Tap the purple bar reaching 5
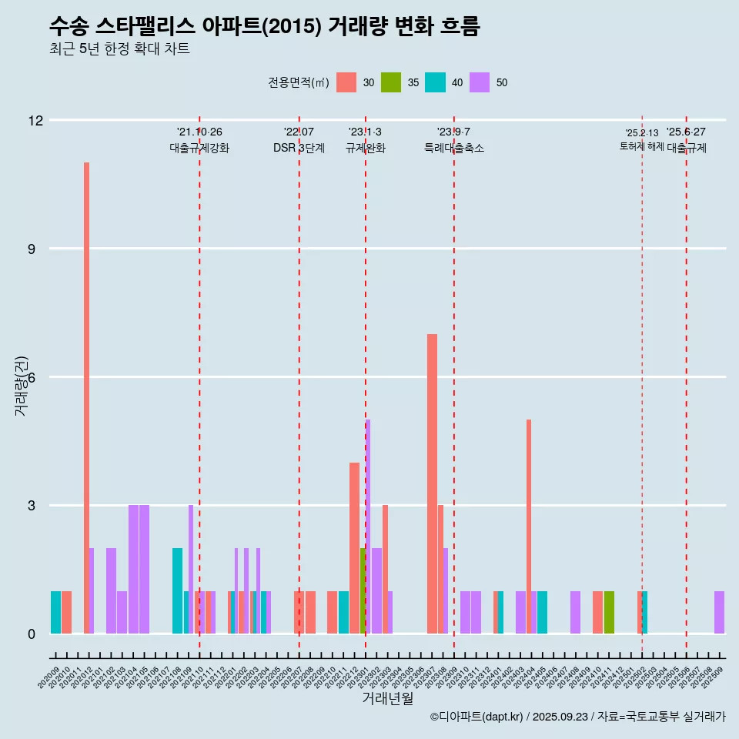point(368,527)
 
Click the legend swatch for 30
point(346,82)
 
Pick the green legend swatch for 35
point(391,82)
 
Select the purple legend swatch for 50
point(480,82)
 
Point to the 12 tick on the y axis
point(35,120)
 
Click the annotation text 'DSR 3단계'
point(299,148)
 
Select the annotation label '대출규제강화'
point(199,148)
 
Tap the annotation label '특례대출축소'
point(454,148)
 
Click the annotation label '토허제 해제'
point(641,146)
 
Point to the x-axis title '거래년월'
point(388,698)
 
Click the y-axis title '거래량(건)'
point(21,385)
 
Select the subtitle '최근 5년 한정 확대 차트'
point(119,49)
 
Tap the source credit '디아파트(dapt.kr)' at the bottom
point(477,717)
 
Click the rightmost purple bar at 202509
point(719,612)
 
